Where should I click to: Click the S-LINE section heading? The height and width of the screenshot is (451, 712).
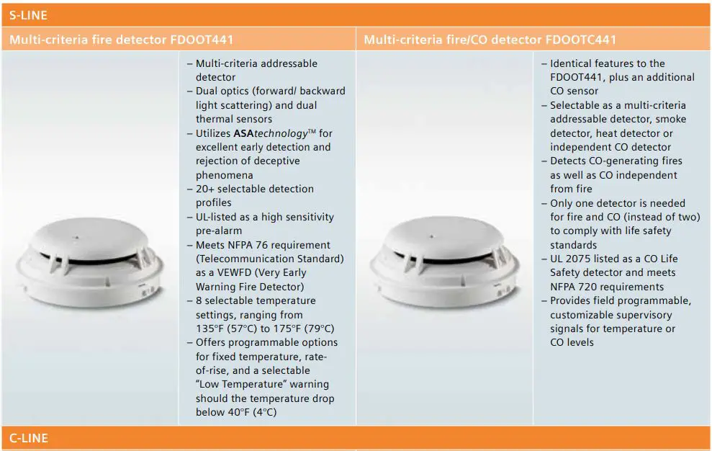[x=29, y=14]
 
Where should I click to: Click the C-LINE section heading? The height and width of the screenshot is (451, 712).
[x=29, y=437]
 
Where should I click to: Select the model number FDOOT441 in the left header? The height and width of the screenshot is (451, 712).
[x=202, y=40]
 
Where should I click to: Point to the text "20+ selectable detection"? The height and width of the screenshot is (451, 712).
[x=255, y=189]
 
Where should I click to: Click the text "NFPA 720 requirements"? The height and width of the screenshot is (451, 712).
[x=597, y=287]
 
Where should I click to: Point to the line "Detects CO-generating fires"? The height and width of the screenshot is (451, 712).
[x=616, y=161]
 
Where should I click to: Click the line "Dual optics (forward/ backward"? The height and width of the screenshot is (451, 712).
[x=271, y=91]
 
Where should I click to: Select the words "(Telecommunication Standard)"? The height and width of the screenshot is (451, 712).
[x=270, y=259]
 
